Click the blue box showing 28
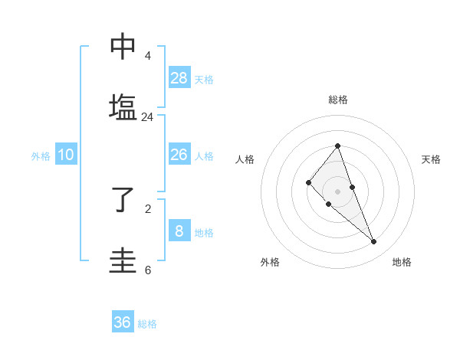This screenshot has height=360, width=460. [x=179, y=77]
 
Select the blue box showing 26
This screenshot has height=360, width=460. [x=179, y=155]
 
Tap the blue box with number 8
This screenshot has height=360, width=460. [x=179, y=231]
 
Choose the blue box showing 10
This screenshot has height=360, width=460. [x=66, y=155]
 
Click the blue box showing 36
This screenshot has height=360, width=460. [x=123, y=322]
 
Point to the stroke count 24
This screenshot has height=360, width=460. [x=148, y=117]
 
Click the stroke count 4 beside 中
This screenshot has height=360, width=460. [x=148, y=56]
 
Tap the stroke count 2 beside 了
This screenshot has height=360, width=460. [x=148, y=208]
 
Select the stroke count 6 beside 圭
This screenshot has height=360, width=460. [x=148, y=270]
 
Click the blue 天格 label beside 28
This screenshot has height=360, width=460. [x=204, y=79]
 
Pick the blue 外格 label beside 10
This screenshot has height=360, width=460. [x=41, y=156]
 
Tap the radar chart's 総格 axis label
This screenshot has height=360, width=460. [x=337, y=100]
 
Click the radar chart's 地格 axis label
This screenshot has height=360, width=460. [x=402, y=262]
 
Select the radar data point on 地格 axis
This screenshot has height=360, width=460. [x=374, y=242]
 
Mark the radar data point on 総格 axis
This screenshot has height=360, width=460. [x=337, y=146]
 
